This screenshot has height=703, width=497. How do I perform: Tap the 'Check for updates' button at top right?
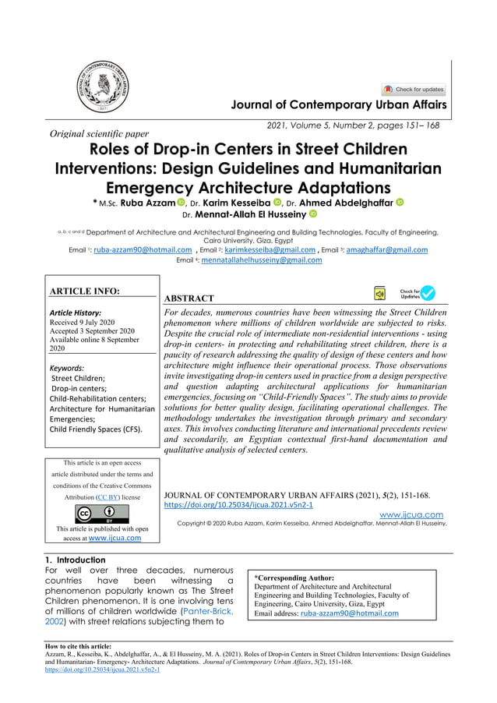(414, 90)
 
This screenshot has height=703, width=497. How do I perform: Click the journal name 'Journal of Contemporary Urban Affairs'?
(335, 105)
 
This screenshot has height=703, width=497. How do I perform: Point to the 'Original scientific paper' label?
(99, 134)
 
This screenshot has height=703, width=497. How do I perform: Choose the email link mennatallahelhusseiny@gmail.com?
(261, 260)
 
